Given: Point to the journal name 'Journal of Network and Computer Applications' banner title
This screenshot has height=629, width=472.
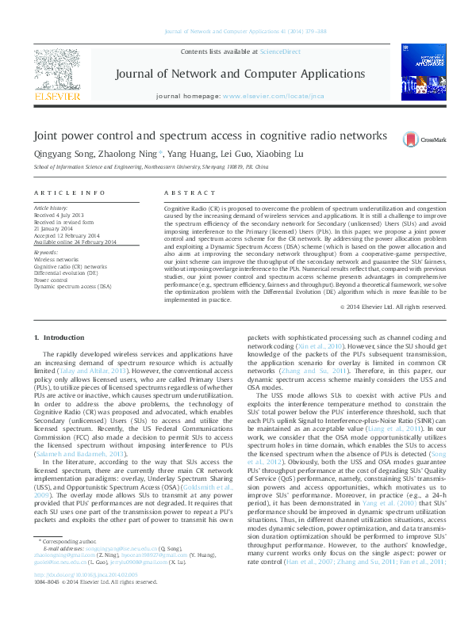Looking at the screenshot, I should pos(228,74).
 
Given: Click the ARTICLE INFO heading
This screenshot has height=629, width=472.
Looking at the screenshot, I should pos(70,193).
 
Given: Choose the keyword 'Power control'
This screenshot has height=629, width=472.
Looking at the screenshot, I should pos(52,279).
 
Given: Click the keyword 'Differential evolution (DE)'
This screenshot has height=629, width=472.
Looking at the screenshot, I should pos(67,273).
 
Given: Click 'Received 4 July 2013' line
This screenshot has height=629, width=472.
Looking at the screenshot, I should pos(58,216).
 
